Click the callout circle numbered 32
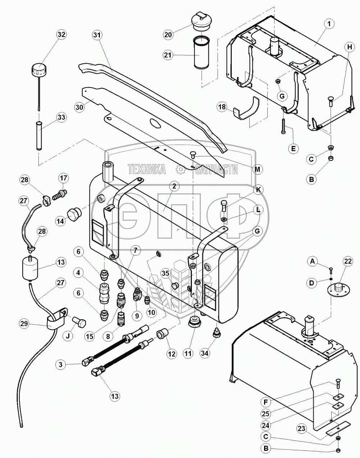click(x=61, y=35)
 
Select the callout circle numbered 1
click(x=329, y=24)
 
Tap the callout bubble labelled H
click(x=350, y=47)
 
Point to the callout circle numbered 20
click(x=168, y=35)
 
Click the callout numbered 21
click(x=168, y=55)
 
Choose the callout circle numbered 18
click(x=222, y=107)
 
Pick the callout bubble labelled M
click(x=258, y=169)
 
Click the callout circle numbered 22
click(x=348, y=261)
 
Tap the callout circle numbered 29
click(x=24, y=324)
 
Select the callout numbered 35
click(x=166, y=274)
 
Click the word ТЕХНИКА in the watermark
click(x=147, y=169)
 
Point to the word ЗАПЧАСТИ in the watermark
click(x=216, y=169)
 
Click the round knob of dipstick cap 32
click(x=40, y=69)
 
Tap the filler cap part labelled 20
click(x=201, y=22)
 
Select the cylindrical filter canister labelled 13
click(x=30, y=269)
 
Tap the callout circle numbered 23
click(x=301, y=428)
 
